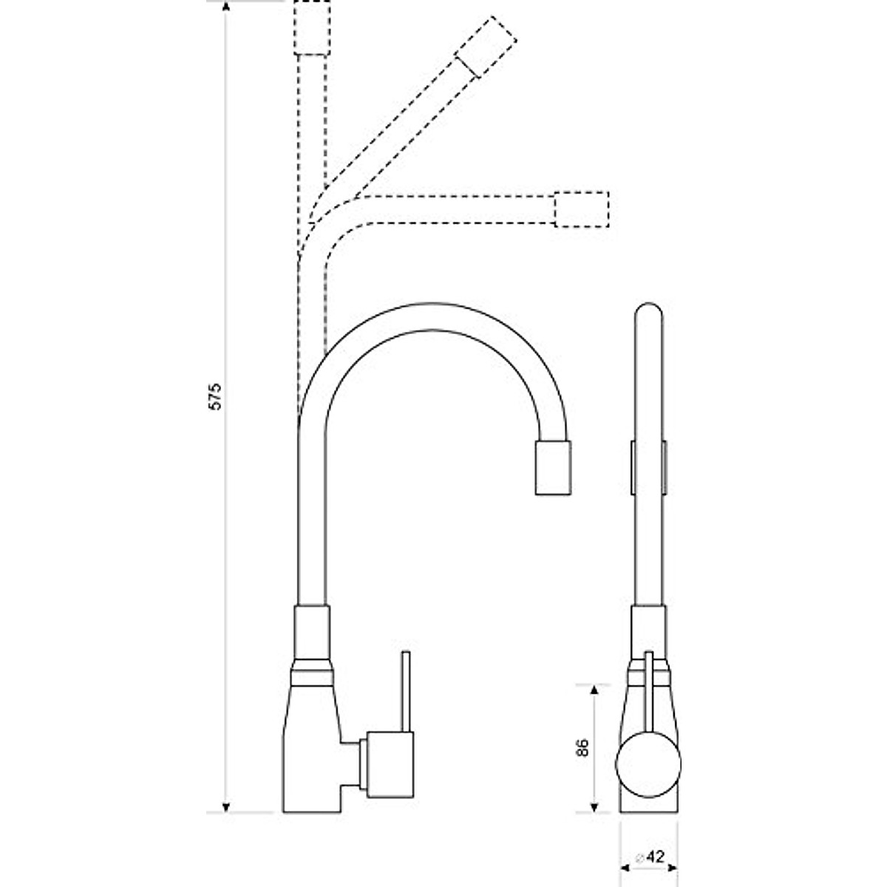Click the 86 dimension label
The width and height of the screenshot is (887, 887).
tap(582, 748)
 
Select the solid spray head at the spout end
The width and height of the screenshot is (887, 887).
tap(553, 467)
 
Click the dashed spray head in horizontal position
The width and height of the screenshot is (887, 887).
tap(581, 209)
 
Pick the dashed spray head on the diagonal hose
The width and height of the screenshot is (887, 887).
tap(485, 44)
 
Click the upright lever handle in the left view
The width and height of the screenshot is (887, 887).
tap(405, 690)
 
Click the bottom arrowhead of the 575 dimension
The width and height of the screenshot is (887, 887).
tap(227, 806)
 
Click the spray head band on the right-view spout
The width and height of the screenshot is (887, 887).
tap(648, 467)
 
